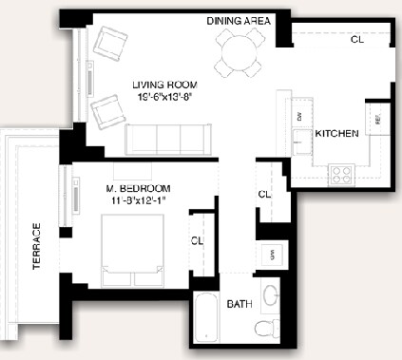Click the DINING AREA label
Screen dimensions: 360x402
[x=239, y=21]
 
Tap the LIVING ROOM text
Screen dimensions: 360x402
[x=163, y=85]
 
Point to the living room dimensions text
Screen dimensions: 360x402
[x=163, y=98]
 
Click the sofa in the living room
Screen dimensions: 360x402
[x=167, y=140]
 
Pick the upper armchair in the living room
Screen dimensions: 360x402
[x=111, y=44]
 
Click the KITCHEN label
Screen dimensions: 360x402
[x=336, y=134]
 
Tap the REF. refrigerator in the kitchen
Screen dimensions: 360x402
[x=377, y=121]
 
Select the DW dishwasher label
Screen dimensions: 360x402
[x=298, y=116]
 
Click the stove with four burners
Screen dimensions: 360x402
[x=341, y=174]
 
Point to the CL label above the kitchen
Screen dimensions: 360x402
[x=356, y=40]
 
